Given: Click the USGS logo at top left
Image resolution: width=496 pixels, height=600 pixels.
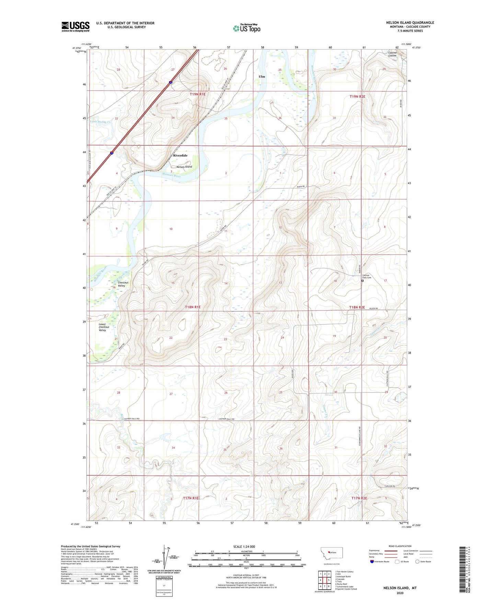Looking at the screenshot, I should point(76,26).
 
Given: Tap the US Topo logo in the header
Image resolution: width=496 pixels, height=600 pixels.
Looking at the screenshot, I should point(246,28).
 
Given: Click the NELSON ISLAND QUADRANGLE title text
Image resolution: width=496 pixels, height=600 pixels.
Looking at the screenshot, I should point(410,23).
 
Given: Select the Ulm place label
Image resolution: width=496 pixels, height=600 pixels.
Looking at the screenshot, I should point(262,77).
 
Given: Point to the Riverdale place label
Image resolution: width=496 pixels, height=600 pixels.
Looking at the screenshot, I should point(180,156).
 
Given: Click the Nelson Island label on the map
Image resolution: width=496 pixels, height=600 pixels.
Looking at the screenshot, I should point(184,167).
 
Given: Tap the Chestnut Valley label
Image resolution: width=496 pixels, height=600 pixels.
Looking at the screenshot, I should point(122,284).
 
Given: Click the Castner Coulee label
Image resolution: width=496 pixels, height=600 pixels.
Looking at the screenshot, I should point(392,54).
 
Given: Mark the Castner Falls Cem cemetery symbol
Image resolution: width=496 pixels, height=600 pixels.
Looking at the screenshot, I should point(362,281).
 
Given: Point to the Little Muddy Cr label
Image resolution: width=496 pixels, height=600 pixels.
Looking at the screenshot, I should point(101,122).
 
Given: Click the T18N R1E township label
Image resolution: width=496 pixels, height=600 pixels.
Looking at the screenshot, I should point(193,307).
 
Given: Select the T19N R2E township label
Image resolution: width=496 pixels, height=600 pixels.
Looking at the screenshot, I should point(357,97).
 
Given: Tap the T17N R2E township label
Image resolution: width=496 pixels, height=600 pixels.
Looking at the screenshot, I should point(359,498).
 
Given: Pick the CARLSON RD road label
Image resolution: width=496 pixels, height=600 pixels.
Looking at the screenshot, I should point(389,486).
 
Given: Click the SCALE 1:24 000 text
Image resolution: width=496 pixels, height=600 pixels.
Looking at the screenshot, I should point(244,547).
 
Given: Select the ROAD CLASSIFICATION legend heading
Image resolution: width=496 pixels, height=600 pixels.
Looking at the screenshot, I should point(400,546).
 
